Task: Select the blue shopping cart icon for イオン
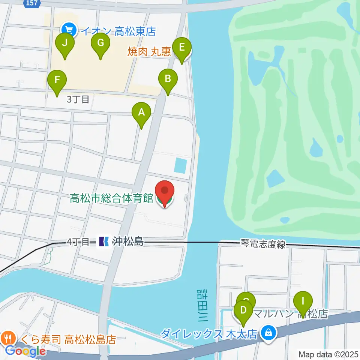click(69, 30)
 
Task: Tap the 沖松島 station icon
click(103, 242)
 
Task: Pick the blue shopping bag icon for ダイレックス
click(268, 331)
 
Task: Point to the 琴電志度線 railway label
click(263, 244)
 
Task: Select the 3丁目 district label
click(78, 99)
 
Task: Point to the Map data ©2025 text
click(328, 354)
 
